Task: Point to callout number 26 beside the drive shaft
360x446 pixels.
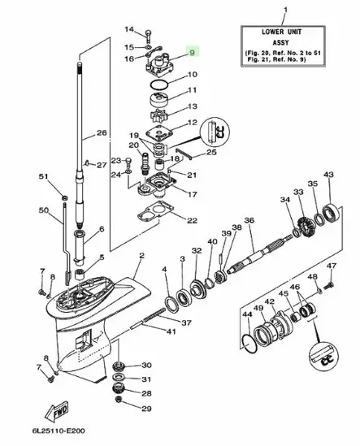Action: point(102,133)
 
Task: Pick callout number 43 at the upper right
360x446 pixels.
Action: point(328,175)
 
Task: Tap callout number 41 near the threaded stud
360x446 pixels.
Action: point(170,331)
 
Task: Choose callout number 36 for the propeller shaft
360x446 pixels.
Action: point(249,221)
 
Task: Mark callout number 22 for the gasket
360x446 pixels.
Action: point(192,220)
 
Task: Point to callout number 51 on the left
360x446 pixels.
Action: point(43,176)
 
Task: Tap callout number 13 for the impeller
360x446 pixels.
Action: point(193,106)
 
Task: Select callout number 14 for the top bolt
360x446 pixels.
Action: point(128,30)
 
